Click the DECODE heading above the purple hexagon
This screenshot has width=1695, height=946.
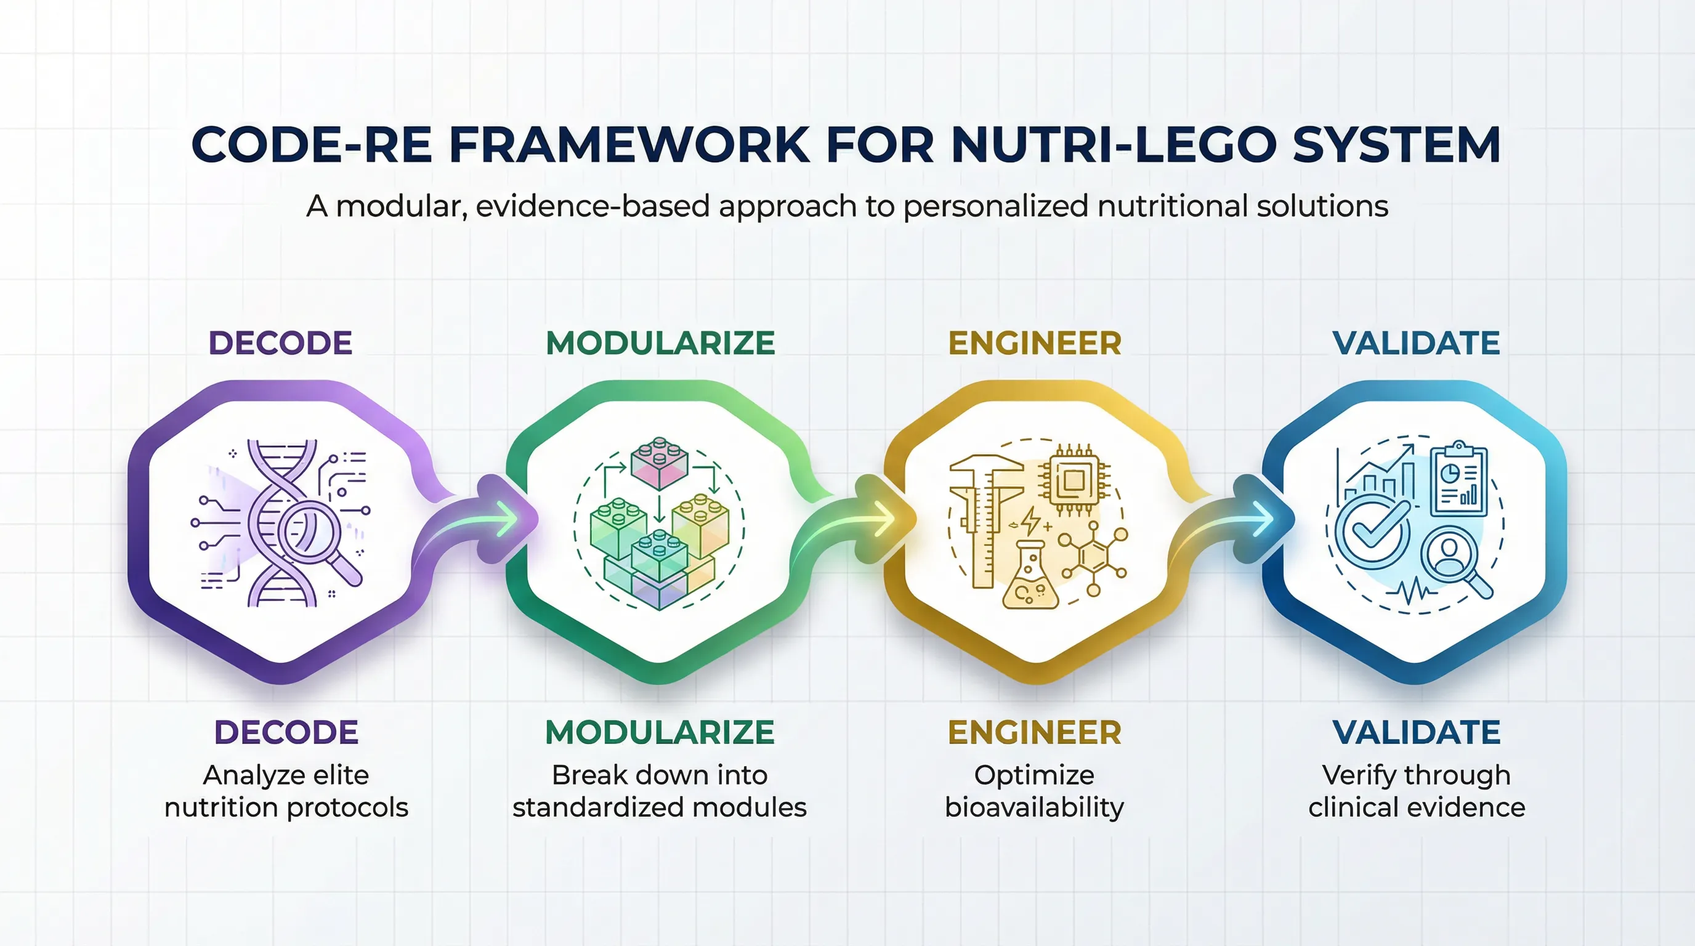click(280, 343)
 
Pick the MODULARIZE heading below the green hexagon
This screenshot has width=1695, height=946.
click(660, 732)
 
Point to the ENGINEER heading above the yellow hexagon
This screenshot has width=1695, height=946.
click(1034, 343)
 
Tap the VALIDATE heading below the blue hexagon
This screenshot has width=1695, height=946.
click(1416, 732)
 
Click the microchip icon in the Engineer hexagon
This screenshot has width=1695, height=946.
click(1073, 481)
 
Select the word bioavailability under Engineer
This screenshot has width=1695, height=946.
click(1034, 807)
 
